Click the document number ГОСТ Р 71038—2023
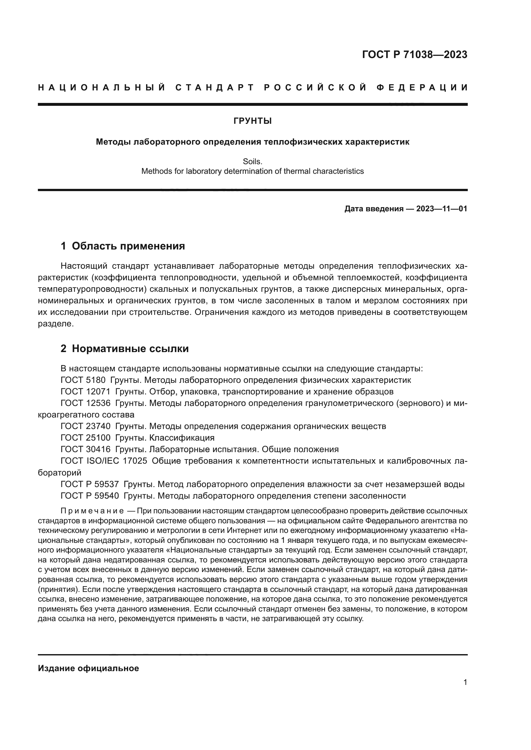coord(414,55)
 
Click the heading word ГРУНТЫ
coord(252,121)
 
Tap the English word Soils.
coord(252,161)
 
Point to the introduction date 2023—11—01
coord(441,209)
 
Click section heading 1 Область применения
coord(123,246)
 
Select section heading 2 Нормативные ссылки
coord(125,349)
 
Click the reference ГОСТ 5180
coord(83,380)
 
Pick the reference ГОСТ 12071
coord(86,392)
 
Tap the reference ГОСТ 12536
coord(86,403)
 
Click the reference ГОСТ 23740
coord(86,426)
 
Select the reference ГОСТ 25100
coord(86,438)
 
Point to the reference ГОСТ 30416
coord(86,450)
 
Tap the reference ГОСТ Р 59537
coord(90,484)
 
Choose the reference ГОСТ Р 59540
coord(90,496)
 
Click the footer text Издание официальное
coord(88,668)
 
